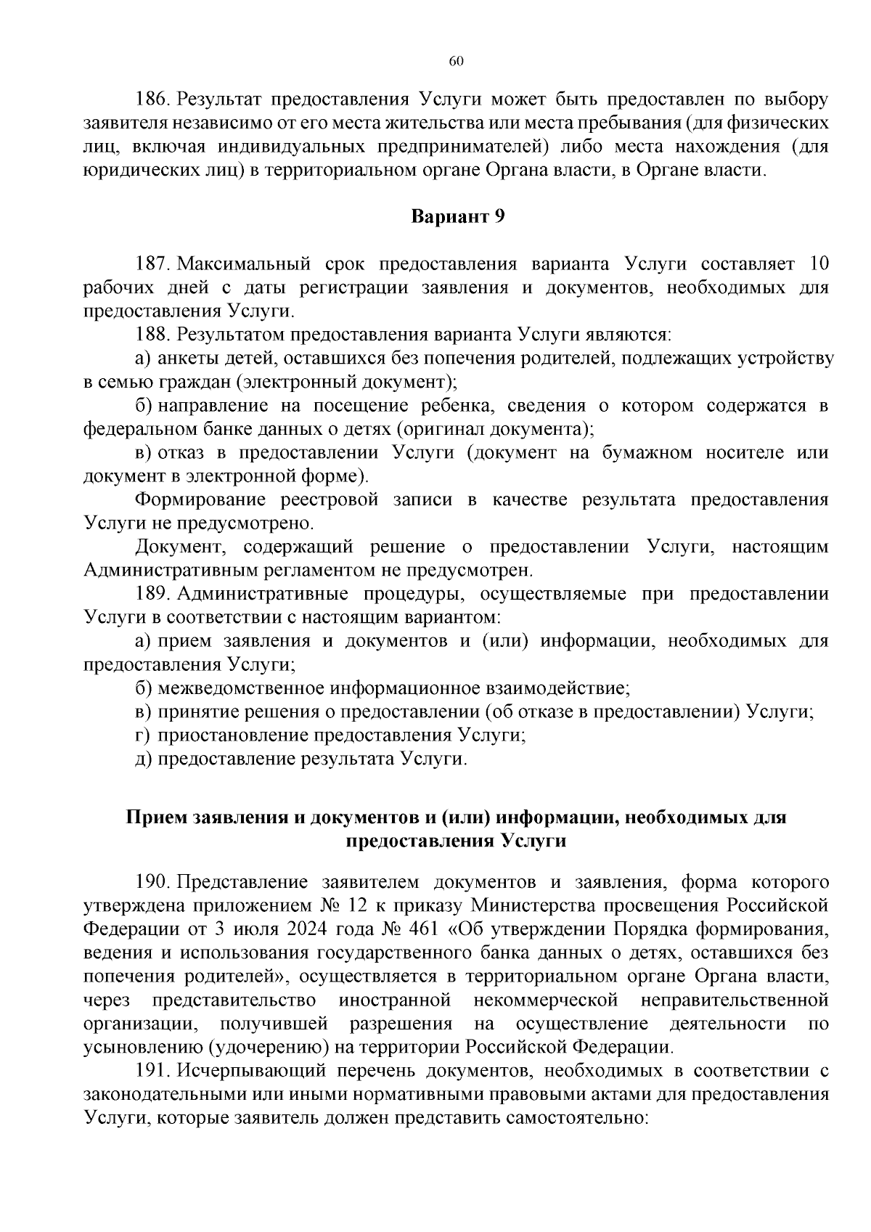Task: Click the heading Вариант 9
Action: tap(457, 216)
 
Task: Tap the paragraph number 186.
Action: tap(152, 99)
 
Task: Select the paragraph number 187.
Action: tap(152, 264)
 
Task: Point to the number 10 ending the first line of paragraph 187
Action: tap(817, 264)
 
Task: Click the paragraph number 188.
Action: tap(152, 335)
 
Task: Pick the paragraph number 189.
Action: tap(152, 594)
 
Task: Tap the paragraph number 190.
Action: tap(152, 883)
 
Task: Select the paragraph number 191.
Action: tap(152, 1071)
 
